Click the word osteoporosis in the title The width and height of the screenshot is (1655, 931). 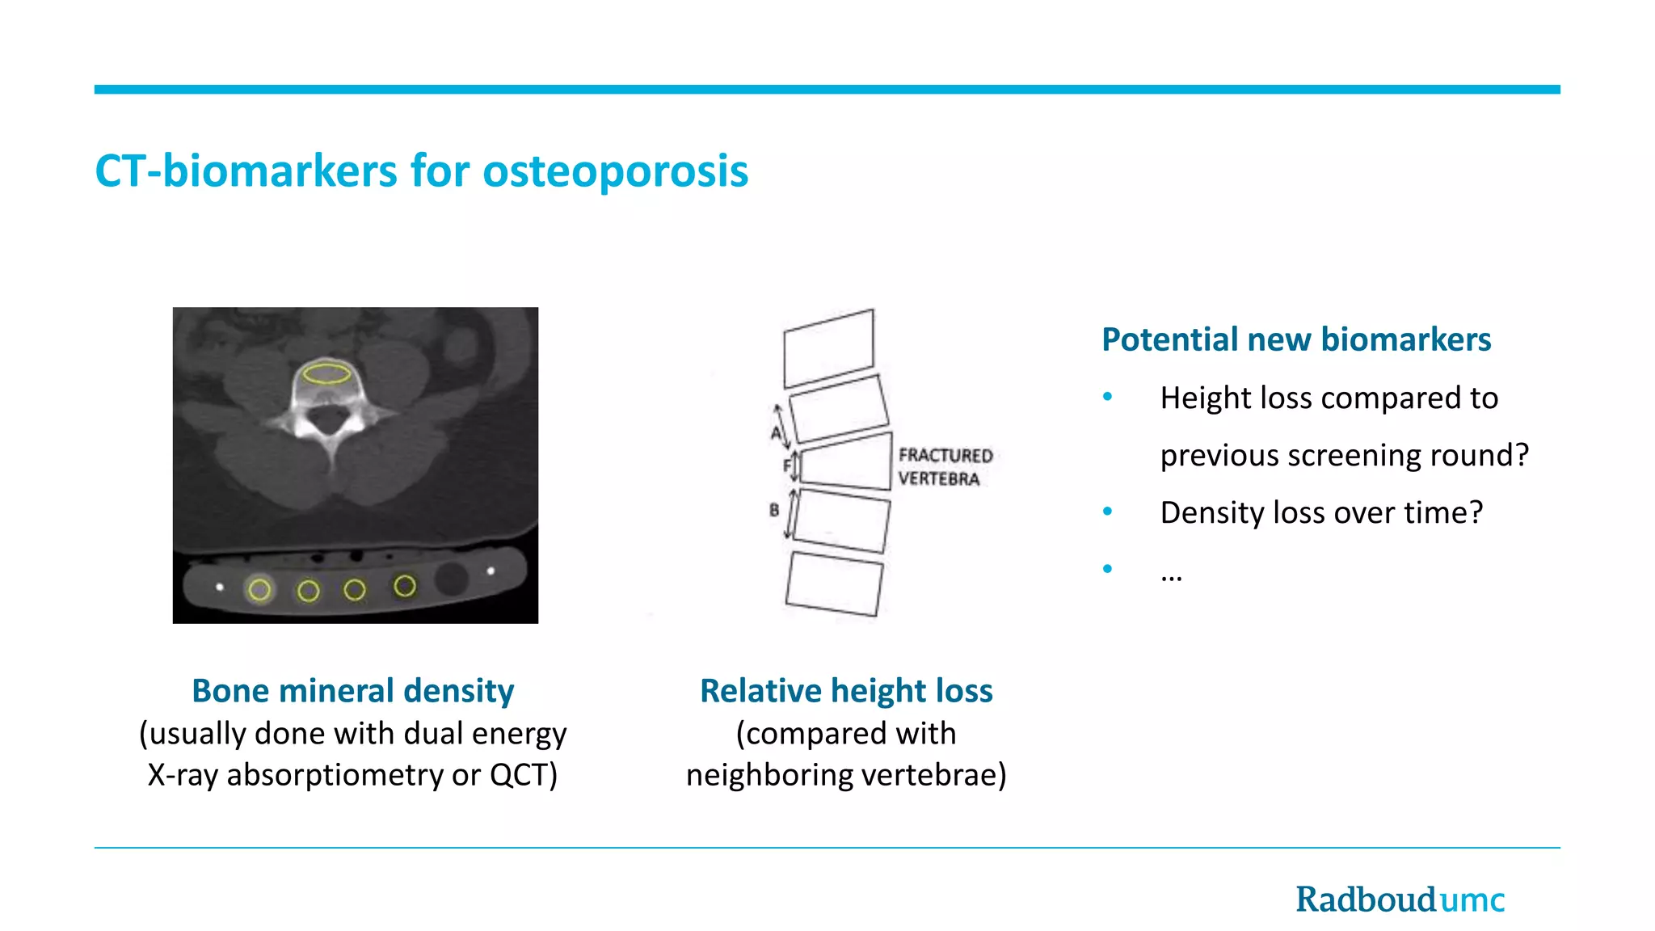[x=615, y=171]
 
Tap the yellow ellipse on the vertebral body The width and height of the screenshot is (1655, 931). [x=326, y=373]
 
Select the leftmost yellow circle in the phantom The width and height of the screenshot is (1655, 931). [x=259, y=590]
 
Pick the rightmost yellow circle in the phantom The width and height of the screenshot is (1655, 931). [x=405, y=586]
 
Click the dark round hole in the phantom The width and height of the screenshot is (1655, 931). [x=451, y=579]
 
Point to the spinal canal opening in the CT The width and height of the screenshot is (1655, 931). [x=329, y=418]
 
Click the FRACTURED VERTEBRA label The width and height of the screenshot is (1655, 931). [x=944, y=467]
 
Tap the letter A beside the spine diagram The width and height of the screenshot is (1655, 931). [x=775, y=433]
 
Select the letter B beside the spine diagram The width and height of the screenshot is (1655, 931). [x=774, y=510]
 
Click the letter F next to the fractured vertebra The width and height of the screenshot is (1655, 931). [x=786, y=465]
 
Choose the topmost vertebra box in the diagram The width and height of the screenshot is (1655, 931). [x=829, y=348]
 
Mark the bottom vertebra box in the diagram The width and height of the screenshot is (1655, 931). [x=834, y=583]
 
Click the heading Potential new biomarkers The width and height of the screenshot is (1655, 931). [x=1296, y=339]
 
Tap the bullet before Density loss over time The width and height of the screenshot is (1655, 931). [x=1107, y=512]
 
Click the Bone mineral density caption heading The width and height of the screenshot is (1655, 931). [x=352, y=691]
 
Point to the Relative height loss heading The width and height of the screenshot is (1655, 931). [x=846, y=691]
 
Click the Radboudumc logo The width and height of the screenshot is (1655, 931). [x=1400, y=899]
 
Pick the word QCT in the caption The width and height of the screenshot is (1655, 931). [x=522, y=775]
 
